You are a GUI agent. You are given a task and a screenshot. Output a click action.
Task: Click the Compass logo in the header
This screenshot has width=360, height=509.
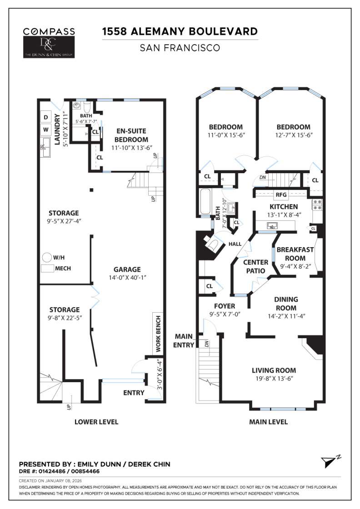49,32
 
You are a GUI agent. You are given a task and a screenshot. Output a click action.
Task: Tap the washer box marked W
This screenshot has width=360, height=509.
45,130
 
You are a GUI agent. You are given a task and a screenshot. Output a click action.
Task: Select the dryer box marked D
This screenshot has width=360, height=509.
45,117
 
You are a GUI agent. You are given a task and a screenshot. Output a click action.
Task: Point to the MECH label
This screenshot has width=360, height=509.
63,268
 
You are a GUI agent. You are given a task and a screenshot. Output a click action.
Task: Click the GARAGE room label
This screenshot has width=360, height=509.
127,269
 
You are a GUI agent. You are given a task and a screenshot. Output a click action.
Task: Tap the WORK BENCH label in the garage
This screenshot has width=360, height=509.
158,334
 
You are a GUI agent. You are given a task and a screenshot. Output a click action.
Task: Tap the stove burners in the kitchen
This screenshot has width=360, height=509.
317,205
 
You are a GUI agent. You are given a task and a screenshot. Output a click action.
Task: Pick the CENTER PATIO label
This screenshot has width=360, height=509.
256,267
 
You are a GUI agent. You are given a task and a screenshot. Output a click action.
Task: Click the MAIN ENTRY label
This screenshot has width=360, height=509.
185,340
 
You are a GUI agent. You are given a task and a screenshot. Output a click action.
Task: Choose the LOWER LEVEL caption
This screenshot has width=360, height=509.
96,422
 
